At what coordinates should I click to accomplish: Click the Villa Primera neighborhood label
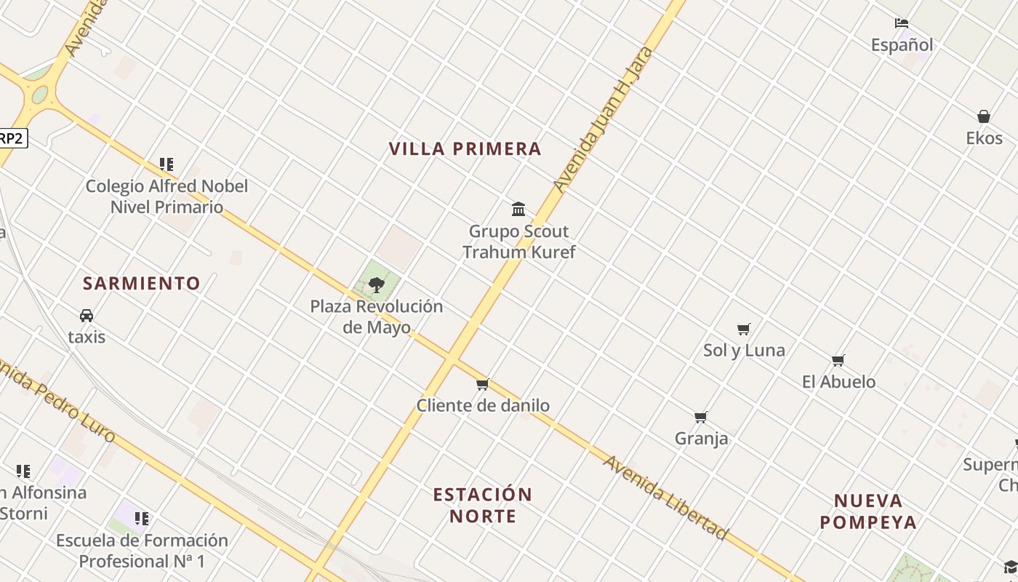tap(465, 148)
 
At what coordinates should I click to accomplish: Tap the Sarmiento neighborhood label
tap(141, 283)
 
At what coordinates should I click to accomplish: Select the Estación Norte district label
tap(483, 505)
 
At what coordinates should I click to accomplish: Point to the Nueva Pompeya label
tap(868, 511)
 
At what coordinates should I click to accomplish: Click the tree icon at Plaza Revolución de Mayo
tap(376, 285)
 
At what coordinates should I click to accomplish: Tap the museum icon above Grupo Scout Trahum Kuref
tap(518, 210)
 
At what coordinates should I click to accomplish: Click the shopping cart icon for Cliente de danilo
tap(482, 384)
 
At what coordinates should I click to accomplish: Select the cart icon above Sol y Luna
tap(743, 329)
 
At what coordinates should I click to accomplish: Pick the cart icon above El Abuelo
tap(838, 360)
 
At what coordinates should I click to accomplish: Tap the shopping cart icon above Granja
tap(700, 417)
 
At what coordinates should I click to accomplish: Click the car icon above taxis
tap(87, 316)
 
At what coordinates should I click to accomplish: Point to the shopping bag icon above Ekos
tap(984, 116)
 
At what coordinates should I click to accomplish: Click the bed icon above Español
tap(902, 23)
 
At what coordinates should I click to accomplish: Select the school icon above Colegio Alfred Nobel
tap(167, 164)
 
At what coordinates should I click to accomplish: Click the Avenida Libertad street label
tap(665, 498)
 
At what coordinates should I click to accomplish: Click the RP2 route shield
tap(12, 138)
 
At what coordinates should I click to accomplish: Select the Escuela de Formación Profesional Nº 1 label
tap(142, 551)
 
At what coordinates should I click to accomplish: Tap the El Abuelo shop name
tap(838, 382)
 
